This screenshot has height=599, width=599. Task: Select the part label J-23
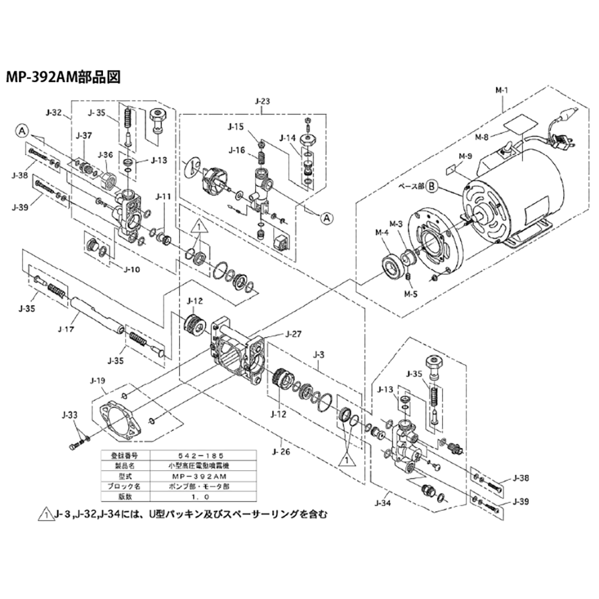(261, 102)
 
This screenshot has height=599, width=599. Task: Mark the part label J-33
(70, 415)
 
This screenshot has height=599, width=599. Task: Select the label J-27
(294, 334)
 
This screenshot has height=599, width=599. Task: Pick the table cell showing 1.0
(187, 497)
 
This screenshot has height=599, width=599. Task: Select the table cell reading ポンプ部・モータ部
(187, 486)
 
